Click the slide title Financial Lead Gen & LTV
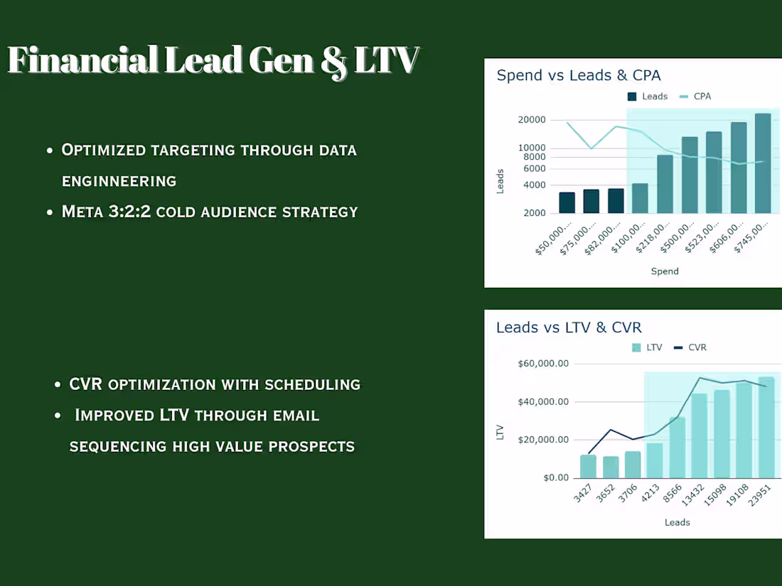[213, 60]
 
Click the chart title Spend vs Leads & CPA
[579, 75]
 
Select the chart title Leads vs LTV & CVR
[569, 327]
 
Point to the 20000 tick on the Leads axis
[532, 120]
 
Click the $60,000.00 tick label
[544, 364]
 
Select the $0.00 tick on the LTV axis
[556, 477]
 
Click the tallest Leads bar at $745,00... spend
[763, 163]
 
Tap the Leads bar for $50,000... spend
[567, 202]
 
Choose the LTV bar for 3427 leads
[588, 466]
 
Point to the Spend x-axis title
[665, 271]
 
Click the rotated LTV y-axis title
[500, 432]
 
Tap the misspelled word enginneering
[119, 181]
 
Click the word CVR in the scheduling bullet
[86, 385]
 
